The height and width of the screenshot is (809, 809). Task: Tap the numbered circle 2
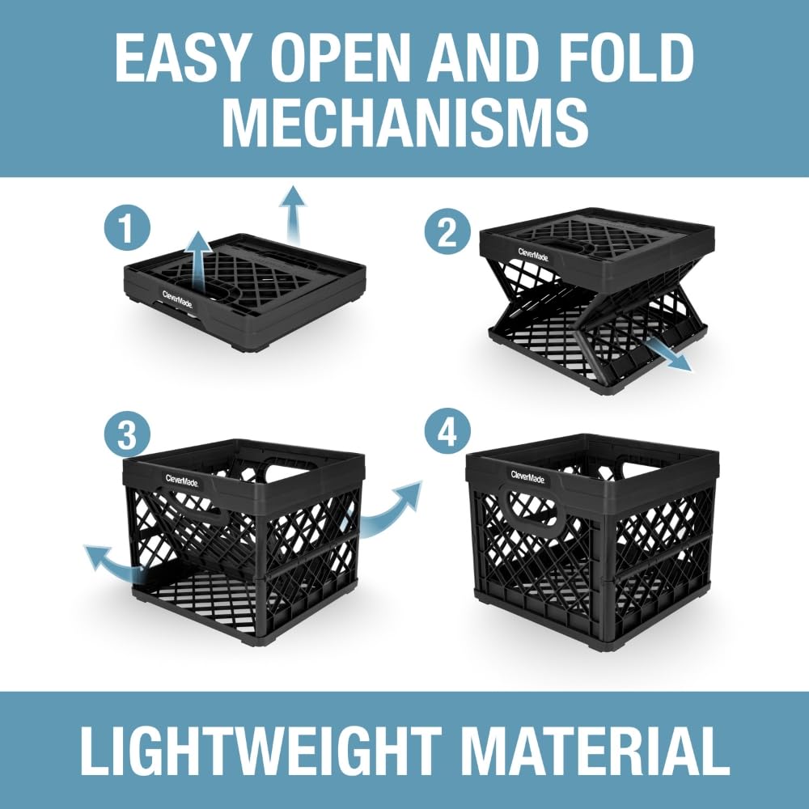point(449,232)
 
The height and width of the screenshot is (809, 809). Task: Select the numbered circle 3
point(127,436)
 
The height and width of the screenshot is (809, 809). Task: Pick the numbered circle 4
point(449,436)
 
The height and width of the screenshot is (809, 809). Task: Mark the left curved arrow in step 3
point(113,562)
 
